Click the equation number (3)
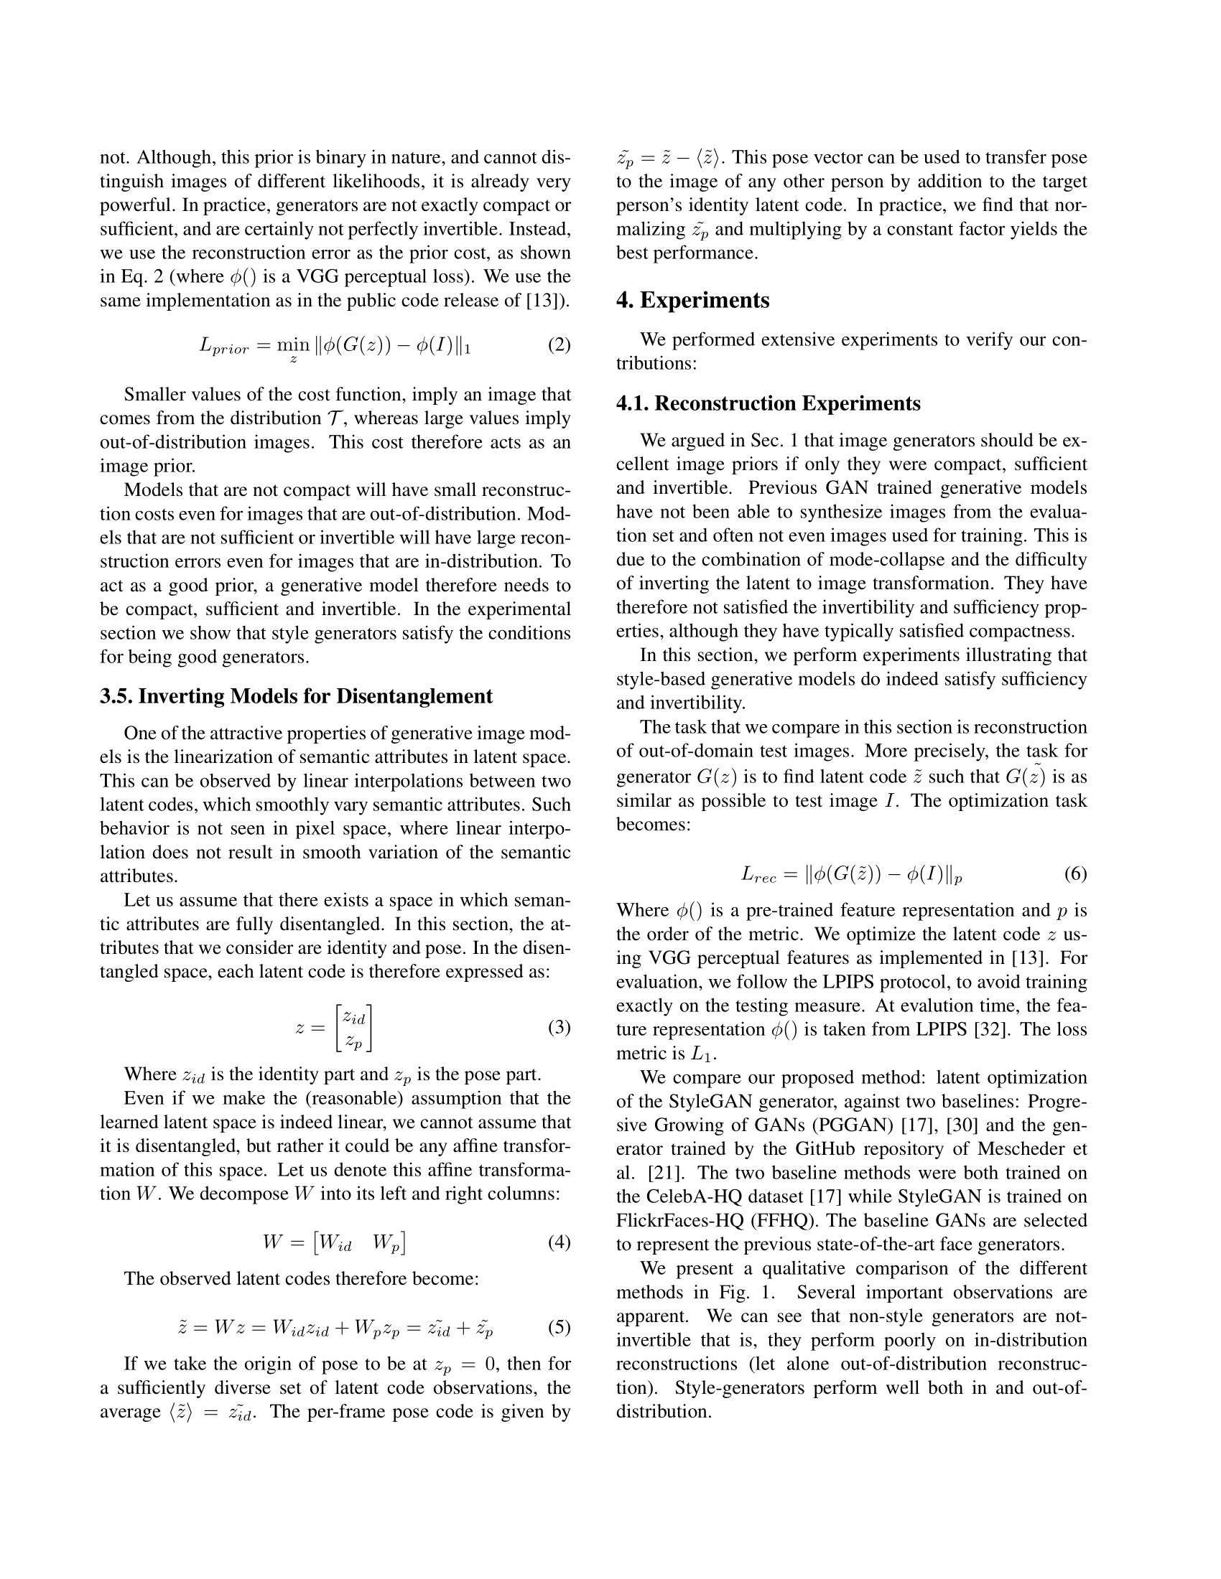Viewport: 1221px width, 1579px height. pos(558,1027)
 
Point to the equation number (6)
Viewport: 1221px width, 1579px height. pos(1075,874)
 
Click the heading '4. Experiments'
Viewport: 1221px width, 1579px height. pos(692,300)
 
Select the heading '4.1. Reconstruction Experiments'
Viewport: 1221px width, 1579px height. pos(769,403)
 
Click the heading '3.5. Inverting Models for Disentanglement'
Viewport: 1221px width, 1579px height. pos(296,696)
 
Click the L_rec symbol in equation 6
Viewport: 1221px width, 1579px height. pos(758,876)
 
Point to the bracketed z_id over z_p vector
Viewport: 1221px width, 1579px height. pos(354,1028)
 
